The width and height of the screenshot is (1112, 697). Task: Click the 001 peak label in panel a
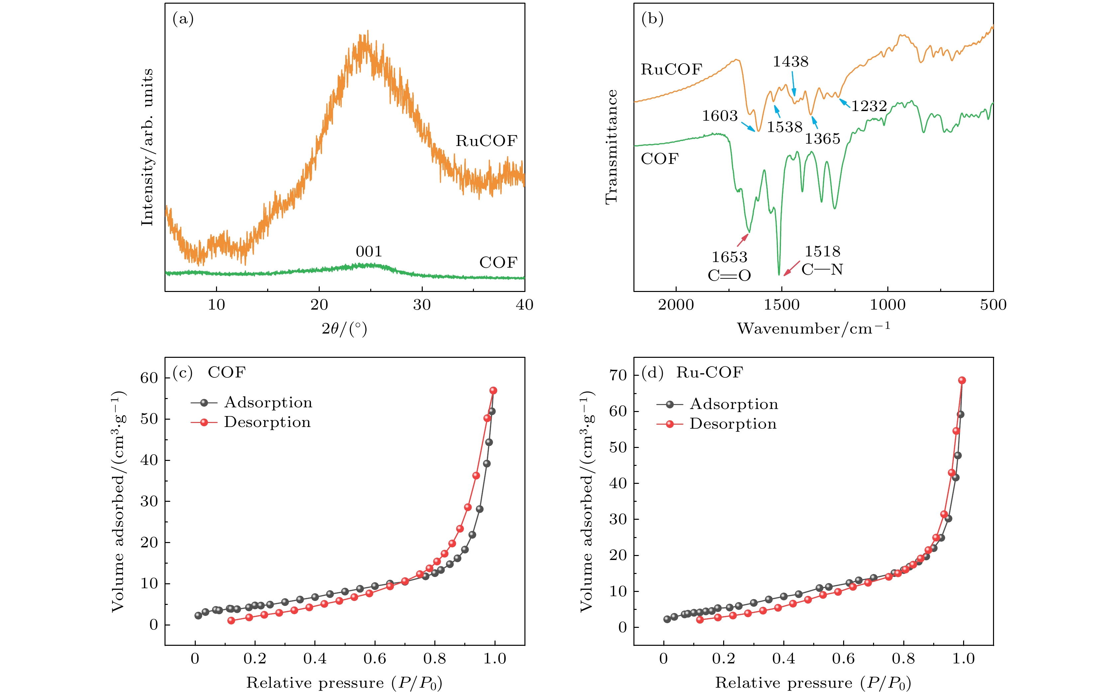(x=369, y=252)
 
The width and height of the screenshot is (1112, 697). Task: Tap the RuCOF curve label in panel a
(x=487, y=141)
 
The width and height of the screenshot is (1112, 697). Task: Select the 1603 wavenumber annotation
(x=720, y=116)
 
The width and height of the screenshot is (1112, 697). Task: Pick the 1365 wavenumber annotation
(x=822, y=139)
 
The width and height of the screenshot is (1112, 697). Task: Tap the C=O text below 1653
(x=729, y=276)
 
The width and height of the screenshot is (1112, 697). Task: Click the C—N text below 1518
(x=822, y=270)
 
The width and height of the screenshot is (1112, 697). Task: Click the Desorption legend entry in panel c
(x=267, y=423)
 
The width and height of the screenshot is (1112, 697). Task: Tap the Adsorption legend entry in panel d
(x=733, y=404)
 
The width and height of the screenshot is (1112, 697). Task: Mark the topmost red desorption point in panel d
(x=962, y=380)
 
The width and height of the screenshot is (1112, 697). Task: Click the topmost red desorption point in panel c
(x=493, y=390)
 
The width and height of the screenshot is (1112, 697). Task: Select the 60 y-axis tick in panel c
(x=149, y=378)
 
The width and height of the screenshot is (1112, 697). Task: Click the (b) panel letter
(x=652, y=19)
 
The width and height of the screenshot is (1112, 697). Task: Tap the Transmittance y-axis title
(x=611, y=147)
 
